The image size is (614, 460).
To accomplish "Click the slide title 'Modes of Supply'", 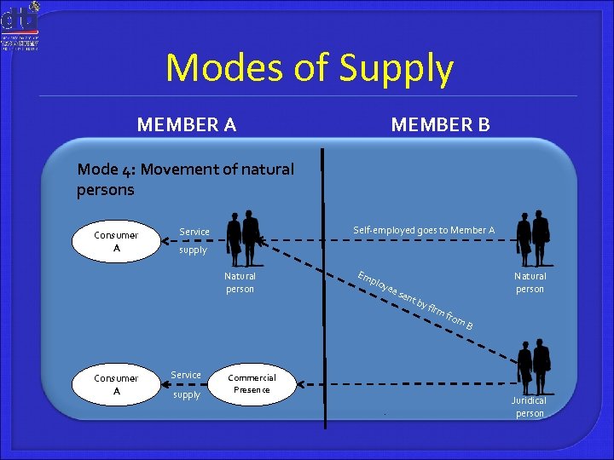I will tap(309, 68).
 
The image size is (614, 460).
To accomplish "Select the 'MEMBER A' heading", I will tap(187, 125).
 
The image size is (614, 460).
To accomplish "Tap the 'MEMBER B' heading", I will tap(440, 125).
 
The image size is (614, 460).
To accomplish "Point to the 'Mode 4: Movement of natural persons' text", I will tap(185, 179).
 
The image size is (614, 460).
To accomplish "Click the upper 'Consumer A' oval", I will tap(116, 241).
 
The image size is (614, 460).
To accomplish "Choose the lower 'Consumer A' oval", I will tap(116, 384).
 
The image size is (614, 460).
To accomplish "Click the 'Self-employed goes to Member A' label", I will tap(424, 230).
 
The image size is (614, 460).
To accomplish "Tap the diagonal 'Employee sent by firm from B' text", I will tap(415, 299).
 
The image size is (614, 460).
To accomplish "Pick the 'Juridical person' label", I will tap(529, 406).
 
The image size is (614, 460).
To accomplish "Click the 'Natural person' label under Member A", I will tap(240, 282).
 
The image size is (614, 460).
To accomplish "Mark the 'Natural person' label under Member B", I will tap(530, 282).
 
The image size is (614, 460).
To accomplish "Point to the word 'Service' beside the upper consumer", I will tap(194, 232).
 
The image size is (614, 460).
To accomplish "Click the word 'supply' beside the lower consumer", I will tap(186, 394).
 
